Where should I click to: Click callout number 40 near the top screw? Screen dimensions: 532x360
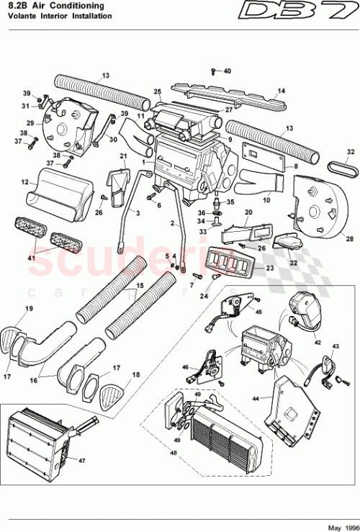(227, 71)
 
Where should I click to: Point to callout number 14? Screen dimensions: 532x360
(282, 91)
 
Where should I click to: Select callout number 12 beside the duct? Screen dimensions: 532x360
(24, 184)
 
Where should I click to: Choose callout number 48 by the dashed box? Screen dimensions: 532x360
(171, 454)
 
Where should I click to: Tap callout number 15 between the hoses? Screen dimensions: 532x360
(141, 287)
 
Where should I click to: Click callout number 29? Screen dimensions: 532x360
(31, 124)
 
